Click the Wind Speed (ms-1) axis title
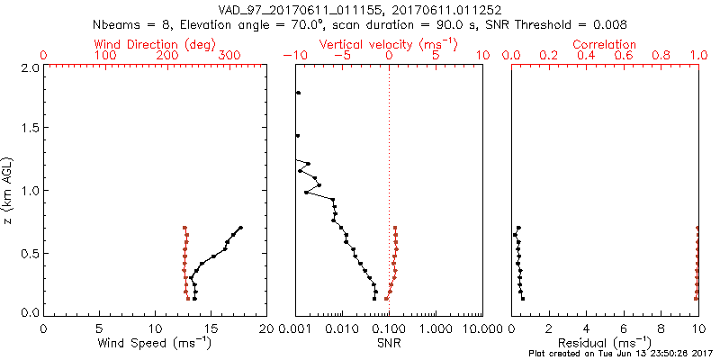pyautogui.click(x=155, y=343)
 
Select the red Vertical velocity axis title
pyautogui.click(x=389, y=44)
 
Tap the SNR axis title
pyautogui.click(x=389, y=343)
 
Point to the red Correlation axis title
pyautogui.click(x=605, y=44)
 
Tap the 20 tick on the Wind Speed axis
pyautogui.click(x=265, y=328)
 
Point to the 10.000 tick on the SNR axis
pyautogui.click(x=481, y=328)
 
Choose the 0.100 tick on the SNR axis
pyautogui.click(x=389, y=328)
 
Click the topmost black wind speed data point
pyautogui.click(x=241, y=228)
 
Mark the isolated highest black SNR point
pyautogui.click(x=298, y=93)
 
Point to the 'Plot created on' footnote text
pyautogui.click(x=621, y=354)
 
